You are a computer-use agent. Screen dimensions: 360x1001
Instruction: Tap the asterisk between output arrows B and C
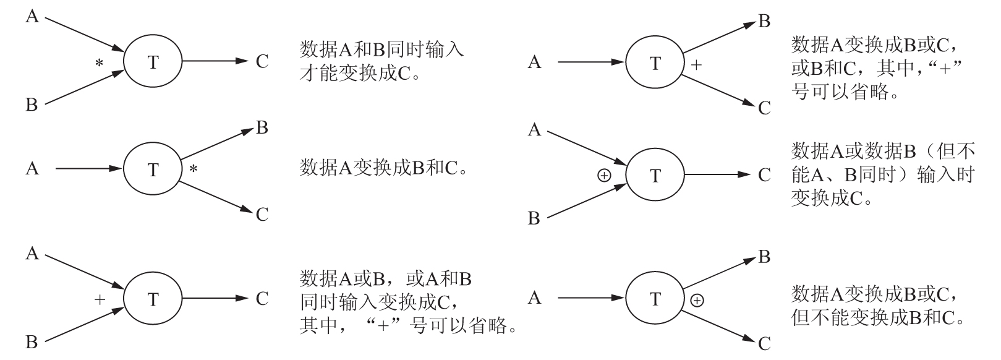tap(194, 169)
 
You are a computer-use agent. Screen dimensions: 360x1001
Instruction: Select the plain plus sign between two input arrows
tap(100, 300)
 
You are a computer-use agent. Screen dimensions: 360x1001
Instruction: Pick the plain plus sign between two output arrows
tap(696, 64)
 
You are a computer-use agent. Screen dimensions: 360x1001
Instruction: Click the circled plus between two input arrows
tap(604, 176)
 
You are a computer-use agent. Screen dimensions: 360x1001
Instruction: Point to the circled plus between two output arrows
tap(697, 301)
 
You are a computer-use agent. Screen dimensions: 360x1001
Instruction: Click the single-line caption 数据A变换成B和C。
tap(383, 168)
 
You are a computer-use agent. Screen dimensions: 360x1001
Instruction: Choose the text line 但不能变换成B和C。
tap(877, 317)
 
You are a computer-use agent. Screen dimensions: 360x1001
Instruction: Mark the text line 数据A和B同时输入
tap(381, 50)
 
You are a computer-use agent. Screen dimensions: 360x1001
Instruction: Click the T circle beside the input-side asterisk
tap(153, 62)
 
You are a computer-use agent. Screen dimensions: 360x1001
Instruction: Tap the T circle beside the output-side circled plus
tap(655, 299)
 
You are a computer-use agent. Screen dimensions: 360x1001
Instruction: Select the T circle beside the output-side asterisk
tap(153, 169)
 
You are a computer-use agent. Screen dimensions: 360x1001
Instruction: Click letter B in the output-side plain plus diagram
tap(764, 22)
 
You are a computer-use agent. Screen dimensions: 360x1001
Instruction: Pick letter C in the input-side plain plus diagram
tap(262, 299)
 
